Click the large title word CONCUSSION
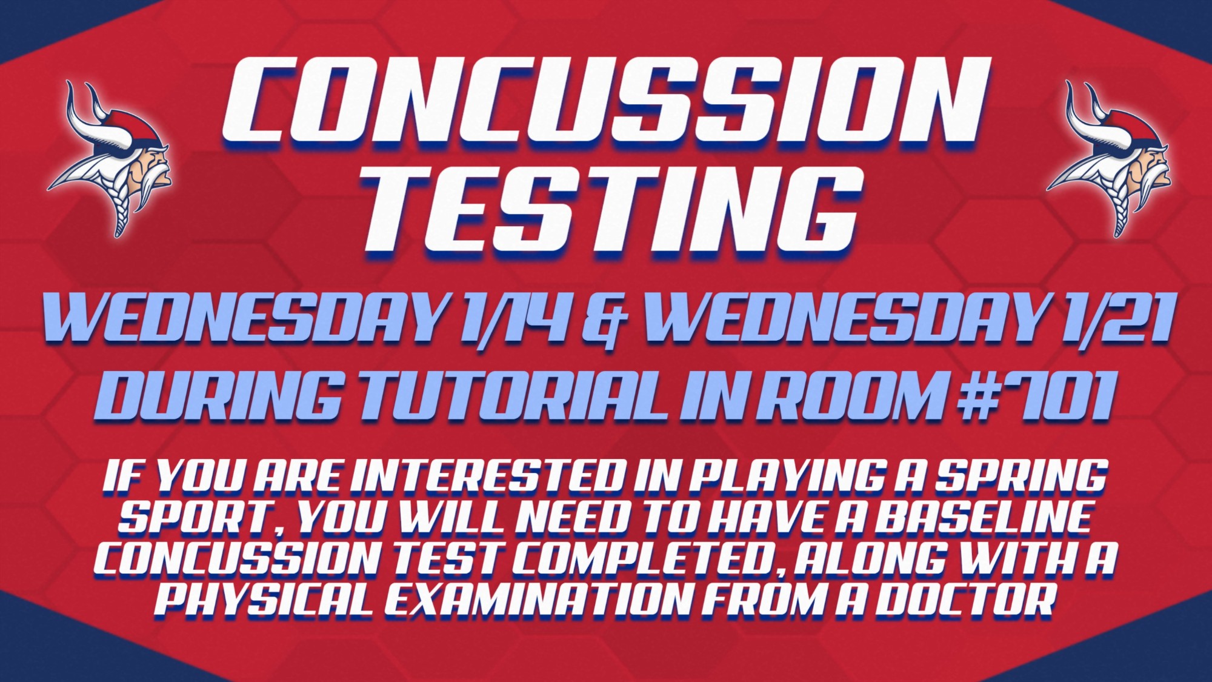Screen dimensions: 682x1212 pos(606,100)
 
